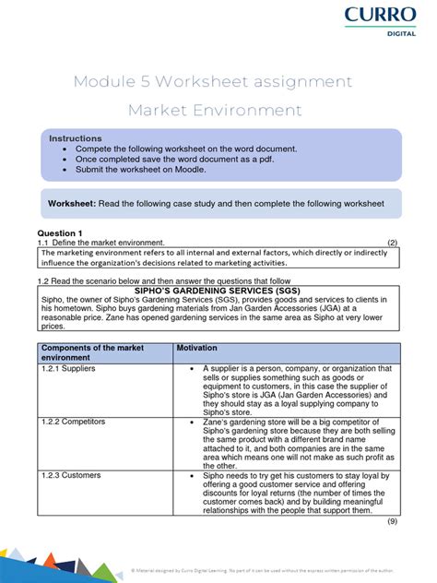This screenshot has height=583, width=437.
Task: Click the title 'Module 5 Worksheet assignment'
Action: [x=213, y=81]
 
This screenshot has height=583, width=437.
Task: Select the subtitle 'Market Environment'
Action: [x=214, y=111]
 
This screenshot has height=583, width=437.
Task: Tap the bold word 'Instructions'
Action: [x=76, y=137]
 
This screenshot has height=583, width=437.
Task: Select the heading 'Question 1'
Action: [x=60, y=232]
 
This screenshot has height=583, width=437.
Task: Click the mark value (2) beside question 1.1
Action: [x=393, y=243]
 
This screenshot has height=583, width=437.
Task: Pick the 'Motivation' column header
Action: [x=198, y=349]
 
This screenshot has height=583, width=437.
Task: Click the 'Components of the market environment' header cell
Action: [x=85, y=353]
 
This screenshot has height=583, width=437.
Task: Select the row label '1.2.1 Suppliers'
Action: [x=68, y=368]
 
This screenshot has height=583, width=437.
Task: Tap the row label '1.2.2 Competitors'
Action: [x=73, y=421]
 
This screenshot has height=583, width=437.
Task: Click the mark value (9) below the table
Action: [x=393, y=521]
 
